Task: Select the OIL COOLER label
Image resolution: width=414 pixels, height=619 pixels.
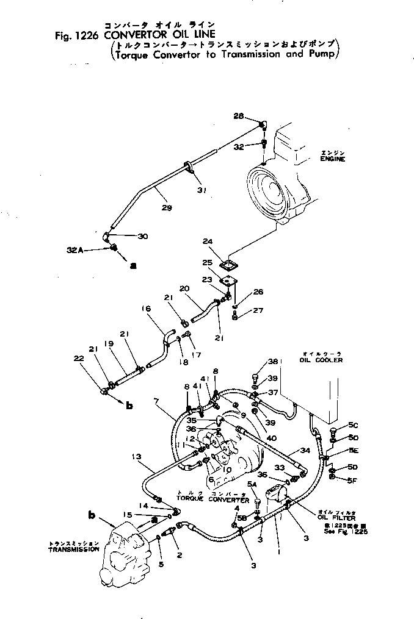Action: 322,360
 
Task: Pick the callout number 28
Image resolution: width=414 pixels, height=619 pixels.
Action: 238,115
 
